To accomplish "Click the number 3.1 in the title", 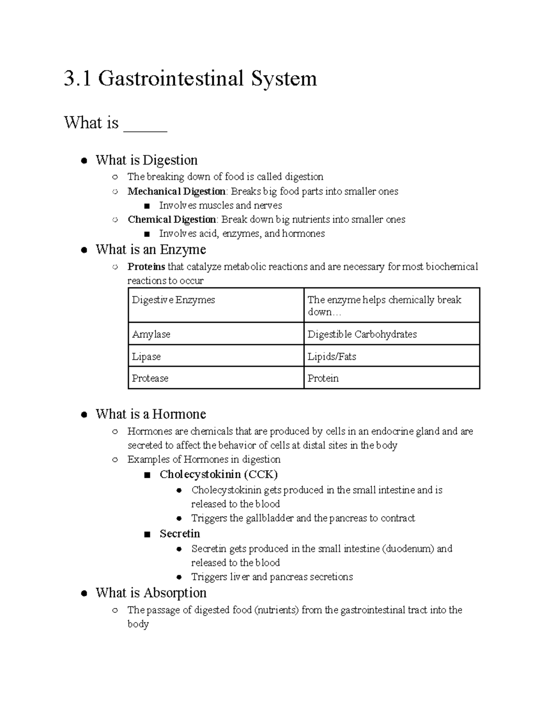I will coord(77,79).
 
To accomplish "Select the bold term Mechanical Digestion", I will coord(176,191).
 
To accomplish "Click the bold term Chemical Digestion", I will coord(172,220).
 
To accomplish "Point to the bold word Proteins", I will coord(146,267).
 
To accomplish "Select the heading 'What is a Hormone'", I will coord(151,414).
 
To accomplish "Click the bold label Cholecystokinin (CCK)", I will coord(219,474).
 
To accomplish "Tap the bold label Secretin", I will coord(180,534).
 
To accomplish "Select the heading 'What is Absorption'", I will coord(151,593).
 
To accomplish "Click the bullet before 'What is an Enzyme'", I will coord(84,250).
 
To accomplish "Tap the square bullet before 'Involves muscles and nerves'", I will coord(146,206).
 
